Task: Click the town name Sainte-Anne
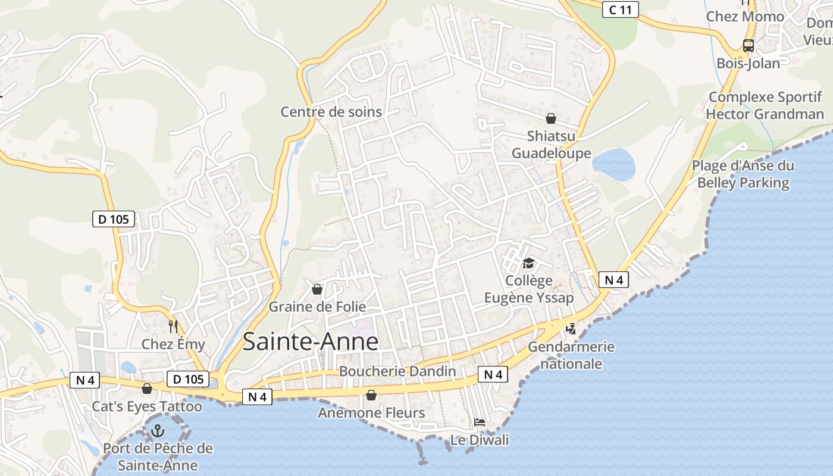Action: pos(311,342)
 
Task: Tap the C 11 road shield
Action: pos(620,9)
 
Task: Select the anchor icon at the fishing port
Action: pos(158,430)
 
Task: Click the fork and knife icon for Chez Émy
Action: pos(173,326)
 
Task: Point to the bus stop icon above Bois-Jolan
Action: pos(748,45)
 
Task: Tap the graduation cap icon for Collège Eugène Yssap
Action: pos(528,263)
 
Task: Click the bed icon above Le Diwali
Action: pos(480,423)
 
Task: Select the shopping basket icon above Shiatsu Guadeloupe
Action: pos(551,118)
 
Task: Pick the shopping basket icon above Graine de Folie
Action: pos(317,289)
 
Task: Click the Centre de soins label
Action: pos(331,112)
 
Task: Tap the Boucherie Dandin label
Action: pos(397,372)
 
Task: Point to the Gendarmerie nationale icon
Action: pos(571,328)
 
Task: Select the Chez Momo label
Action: pos(745,17)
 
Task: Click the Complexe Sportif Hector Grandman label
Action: pos(765,105)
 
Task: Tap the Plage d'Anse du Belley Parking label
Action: pos(743,174)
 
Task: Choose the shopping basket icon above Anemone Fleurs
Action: pos(371,395)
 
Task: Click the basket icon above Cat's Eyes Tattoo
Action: pos(147,389)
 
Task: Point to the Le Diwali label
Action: pos(480,440)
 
